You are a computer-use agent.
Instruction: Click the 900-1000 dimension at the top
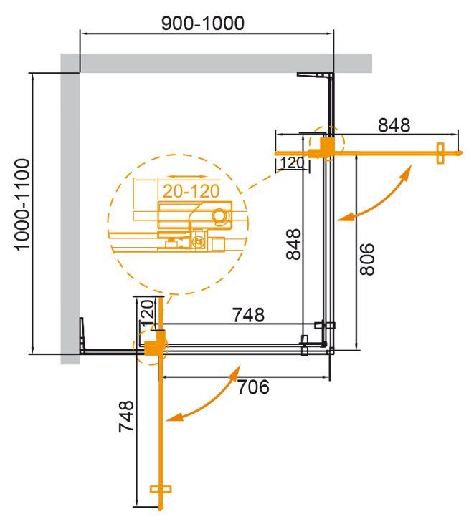pyautogui.click(x=203, y=23)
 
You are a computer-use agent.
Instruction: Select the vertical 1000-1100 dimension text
pyautogui.click(x=23, y=204)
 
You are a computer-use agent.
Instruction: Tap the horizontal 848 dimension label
pyautogui.click(x=394, y=125)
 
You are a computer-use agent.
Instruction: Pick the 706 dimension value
pyautogui.click(x=252, y=387)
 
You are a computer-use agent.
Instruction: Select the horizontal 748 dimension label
pyautogui.click(x=248, y=314)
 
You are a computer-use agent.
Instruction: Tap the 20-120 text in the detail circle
pyautogui.click(x=189, y=192)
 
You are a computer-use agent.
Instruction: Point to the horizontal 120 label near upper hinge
pyautogui.click(x=291, y=162)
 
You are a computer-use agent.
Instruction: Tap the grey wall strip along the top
pyautogui.click(x=215, y=63)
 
